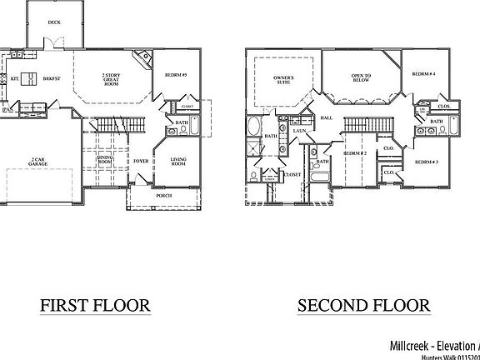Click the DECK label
54,22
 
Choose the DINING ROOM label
104,159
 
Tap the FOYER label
141,161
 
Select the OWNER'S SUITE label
283,81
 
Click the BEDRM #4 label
424,76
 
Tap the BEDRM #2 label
356,153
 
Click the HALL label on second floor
326,118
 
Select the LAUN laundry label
297,130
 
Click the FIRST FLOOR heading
95,305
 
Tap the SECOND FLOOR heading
364,305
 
